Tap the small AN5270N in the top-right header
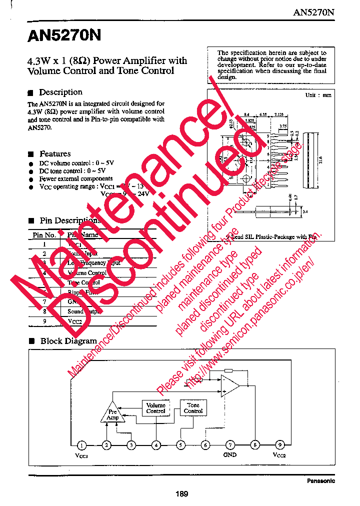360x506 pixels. click(x=313, y=12)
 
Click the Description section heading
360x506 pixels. click(x=60, y=92)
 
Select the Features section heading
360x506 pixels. click(x=55, y=154)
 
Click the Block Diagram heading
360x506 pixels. click(x=68, y=341)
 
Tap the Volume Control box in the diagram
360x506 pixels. click(x=155, y=408)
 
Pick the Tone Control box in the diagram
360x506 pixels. click(x=193, y=408)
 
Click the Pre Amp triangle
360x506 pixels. click(x=113, y=413)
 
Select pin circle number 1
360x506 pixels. click(x=82, y=444)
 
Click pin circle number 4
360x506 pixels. click(x=156, y=444)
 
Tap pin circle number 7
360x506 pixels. click(x=230, y=444)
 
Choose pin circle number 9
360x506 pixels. click(x=279, y=444)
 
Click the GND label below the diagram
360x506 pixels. click(x=230, y=455)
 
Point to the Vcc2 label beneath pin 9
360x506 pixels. click(x=279, y=455)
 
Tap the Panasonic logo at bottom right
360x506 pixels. click(x=320, y=481)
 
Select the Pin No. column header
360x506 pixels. click(x=44, y=235)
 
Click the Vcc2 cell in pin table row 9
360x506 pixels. click(x=75, y=321)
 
